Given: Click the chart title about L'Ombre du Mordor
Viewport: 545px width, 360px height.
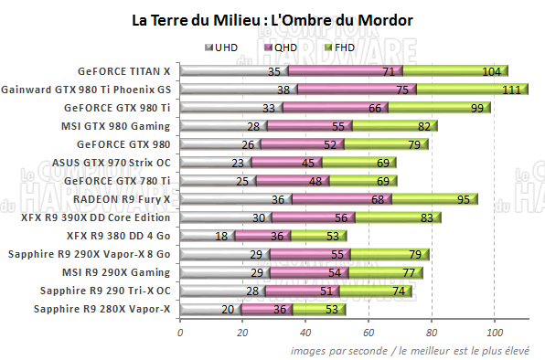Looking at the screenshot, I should tap(272, 19).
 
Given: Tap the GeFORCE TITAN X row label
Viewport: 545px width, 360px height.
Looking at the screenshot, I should tap(124, 70).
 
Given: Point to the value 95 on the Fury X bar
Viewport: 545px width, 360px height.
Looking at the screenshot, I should tap(465, 199).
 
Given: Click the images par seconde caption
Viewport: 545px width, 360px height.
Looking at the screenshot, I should tap(416, 350).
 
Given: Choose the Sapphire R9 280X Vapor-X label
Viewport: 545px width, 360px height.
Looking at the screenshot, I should tap(102, 310).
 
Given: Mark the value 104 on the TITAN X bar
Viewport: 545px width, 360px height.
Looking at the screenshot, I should tap(491, 70).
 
